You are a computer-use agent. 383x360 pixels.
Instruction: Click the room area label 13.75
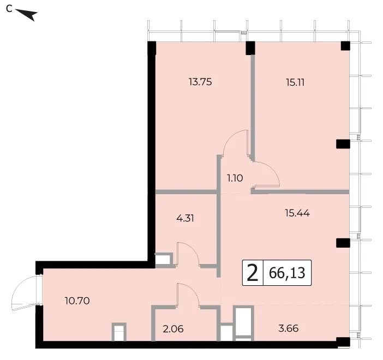pos(200,82)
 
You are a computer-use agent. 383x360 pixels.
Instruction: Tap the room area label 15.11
pos(295,82)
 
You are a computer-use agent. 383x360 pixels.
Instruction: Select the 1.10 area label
pos(235,178)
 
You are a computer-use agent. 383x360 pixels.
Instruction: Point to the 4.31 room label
pos(185,218)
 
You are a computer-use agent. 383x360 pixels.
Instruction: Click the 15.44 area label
pos(297,213)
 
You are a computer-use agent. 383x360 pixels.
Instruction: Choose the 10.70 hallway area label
pos(77,301)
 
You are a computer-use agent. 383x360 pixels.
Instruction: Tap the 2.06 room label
pos(173,329)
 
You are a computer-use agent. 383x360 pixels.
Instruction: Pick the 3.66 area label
pos(289,328)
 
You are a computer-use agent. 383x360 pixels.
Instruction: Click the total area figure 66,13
pos(287,273)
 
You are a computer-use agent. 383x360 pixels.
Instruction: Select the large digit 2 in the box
pos(253,273)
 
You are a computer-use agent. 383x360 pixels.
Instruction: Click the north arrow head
pos(32,15)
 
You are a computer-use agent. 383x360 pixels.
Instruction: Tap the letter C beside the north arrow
pos(9,9)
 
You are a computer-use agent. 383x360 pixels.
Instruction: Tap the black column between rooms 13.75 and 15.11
pos(250,48)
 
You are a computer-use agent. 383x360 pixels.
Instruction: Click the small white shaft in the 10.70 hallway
pos(119,332)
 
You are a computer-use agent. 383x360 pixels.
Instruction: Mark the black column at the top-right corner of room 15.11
pos(345,46)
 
